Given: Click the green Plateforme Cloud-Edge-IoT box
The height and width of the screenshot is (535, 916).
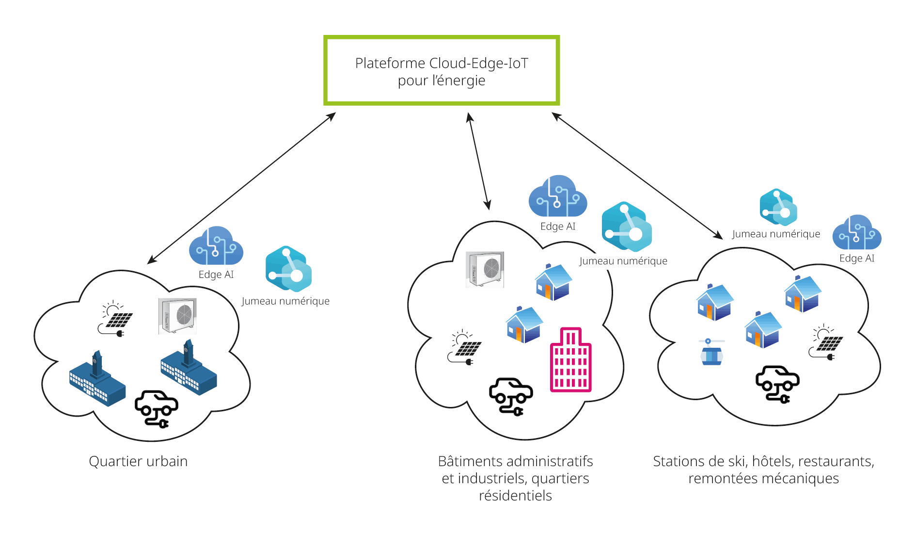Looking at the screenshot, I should pyautogui.click(x=442, y=70).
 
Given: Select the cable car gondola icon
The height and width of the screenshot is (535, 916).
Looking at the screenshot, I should pyautogui.click(x=711, y=352).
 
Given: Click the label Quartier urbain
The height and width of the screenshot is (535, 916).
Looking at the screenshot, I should pyautogui.click(x=138, y=461).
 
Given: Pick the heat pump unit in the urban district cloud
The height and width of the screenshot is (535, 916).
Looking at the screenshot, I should pyautogui.click(x=178, y=316).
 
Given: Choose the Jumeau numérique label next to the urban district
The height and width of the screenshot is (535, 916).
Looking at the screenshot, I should pyautogui.click(x=285, y=301).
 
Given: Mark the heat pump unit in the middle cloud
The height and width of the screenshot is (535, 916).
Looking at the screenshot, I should pyautogui.click(x=485, y=269).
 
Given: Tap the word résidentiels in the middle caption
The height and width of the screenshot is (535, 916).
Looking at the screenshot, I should pyautogui.click(x=515, y=496).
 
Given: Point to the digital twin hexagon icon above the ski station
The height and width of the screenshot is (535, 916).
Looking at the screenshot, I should pyautogui.click(x=778, y=207).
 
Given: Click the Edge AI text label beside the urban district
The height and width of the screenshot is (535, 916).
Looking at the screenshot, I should pyautogui.click(x=216, y=275).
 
